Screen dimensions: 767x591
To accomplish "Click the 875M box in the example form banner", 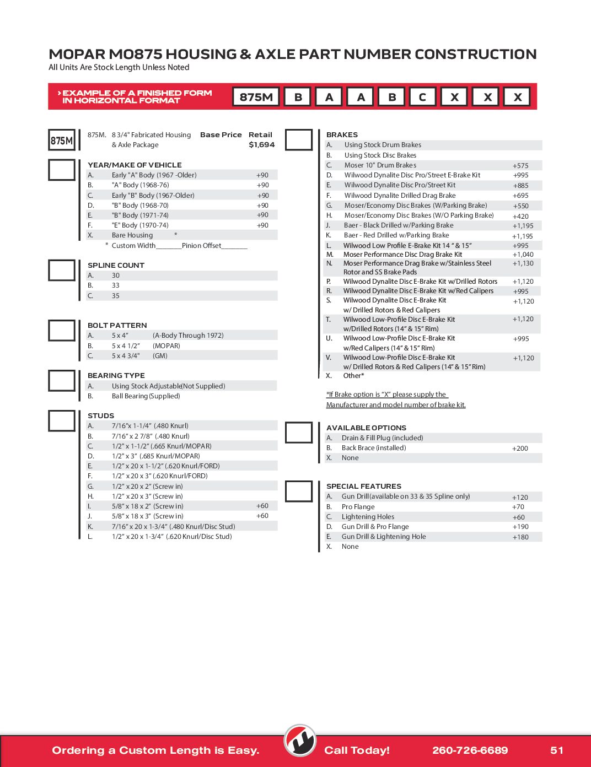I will click(256, 97).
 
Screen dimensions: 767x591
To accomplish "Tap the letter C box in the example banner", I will click(422, 97).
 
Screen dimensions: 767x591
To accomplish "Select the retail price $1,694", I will click(261, 145).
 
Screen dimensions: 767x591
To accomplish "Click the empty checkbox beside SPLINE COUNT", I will click(62, 271).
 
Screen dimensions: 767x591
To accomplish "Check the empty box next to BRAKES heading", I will click(299, 140).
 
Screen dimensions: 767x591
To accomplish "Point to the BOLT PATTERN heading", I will click(117, 325).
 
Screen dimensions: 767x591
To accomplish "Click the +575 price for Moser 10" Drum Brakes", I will click(520, 165).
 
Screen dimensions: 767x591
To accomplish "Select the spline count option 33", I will click(116, 285).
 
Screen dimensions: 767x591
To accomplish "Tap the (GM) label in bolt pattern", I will click(160, 356).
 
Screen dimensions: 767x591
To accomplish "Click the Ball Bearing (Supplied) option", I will click(146, 396).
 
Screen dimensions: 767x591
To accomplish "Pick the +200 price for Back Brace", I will click(520, 449).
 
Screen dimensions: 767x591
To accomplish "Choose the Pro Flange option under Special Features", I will click(358, 507).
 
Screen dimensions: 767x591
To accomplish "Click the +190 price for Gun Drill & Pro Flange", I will click(520, 527).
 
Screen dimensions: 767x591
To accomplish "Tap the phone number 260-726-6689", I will click(470, 750).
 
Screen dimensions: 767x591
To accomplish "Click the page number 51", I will click(557, 750).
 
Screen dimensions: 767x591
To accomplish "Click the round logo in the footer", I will click(300, 741).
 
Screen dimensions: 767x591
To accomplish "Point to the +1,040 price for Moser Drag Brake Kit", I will click(523, 255).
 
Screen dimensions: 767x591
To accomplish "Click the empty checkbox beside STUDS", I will click(62, 420).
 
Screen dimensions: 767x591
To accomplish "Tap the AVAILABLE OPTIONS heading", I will click(366, 428).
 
